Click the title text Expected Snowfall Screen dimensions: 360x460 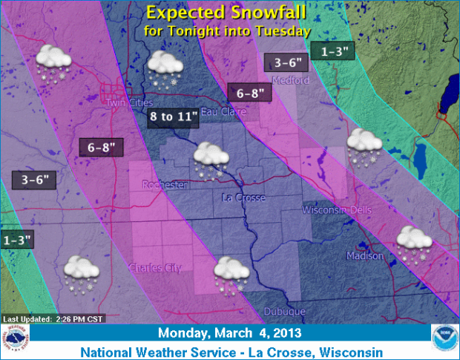coord(227,13)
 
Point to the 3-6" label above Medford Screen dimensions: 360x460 coord(285,62)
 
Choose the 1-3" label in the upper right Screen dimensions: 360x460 coord(331,51)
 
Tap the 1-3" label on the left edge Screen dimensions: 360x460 coord(16,241)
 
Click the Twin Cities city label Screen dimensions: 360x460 coord(128,102)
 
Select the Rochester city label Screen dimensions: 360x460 coord(165,184)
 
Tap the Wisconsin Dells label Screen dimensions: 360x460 coord(342,211)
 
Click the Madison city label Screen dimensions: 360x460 coord(365,256)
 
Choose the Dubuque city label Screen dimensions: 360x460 coord(285,311)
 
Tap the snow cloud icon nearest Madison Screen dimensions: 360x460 coord(414,242)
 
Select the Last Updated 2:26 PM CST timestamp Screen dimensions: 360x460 coord(53,319)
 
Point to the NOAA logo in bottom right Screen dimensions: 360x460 coord(444,338)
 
